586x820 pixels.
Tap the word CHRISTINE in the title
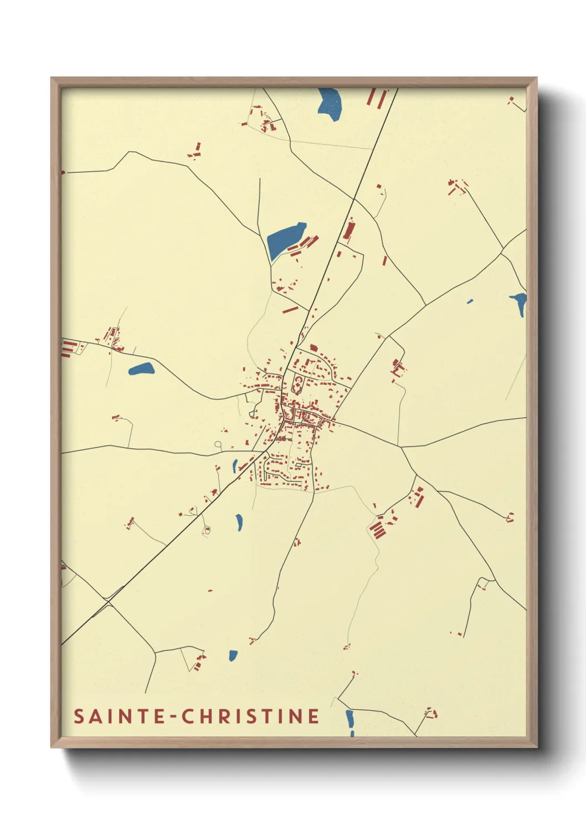(251, 716)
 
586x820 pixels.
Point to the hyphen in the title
(173, 717)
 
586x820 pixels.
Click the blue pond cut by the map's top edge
(330, 102)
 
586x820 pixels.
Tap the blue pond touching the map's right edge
(520, 304)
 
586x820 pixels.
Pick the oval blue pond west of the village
(141, 369)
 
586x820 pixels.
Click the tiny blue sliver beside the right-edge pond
(470, 302)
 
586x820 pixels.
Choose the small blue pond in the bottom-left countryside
(233, 655)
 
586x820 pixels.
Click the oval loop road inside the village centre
(298, 383)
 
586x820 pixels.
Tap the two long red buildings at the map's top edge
(377, 98)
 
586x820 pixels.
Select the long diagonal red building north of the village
(290, 310)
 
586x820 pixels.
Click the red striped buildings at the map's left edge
(69, 348)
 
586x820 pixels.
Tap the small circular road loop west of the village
(218, 444)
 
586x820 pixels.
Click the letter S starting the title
(79, 716)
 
